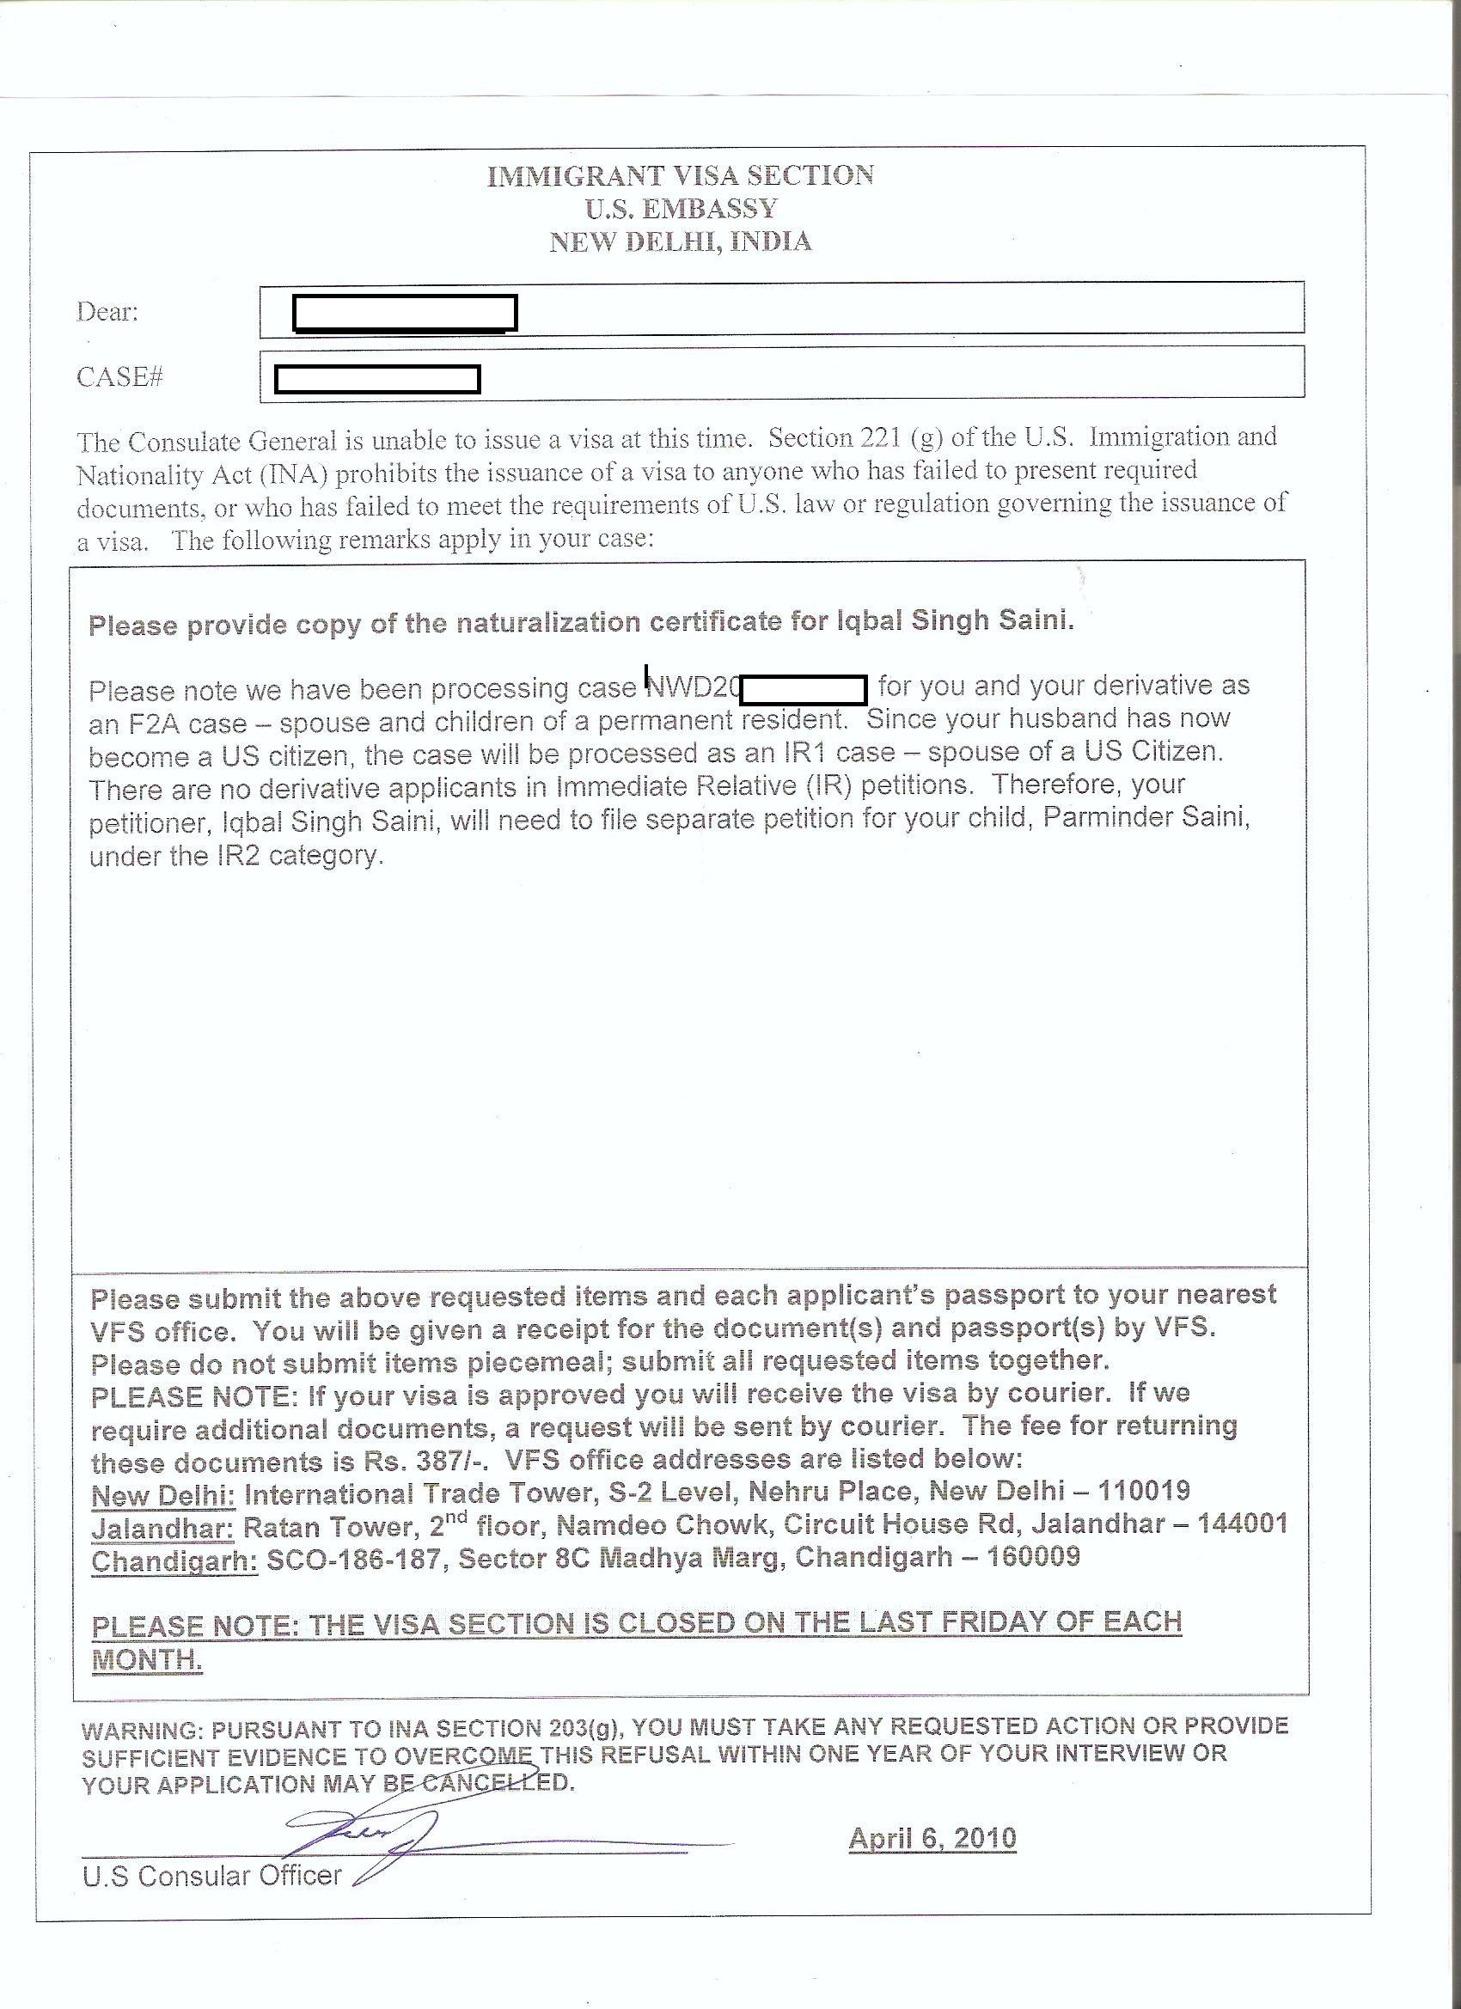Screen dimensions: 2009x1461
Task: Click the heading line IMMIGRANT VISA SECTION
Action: [681, 175]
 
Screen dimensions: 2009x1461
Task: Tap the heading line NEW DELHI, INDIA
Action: [681, 241]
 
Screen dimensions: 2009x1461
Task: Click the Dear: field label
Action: [107, 312]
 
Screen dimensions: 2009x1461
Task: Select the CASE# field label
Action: [119, 377]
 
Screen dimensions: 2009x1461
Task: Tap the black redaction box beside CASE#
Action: [377, 379]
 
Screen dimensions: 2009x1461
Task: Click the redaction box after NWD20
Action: [804, 688]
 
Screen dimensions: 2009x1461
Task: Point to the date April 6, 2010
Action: [932, 1838]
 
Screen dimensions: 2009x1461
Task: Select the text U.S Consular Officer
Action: [211, 1875]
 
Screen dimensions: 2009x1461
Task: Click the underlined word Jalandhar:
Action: [163, 1528]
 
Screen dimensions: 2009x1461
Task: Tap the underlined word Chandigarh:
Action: [174, 1560]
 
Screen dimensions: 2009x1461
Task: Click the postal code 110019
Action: [1144, 1491]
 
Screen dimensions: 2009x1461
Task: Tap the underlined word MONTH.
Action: [147, 1660]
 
